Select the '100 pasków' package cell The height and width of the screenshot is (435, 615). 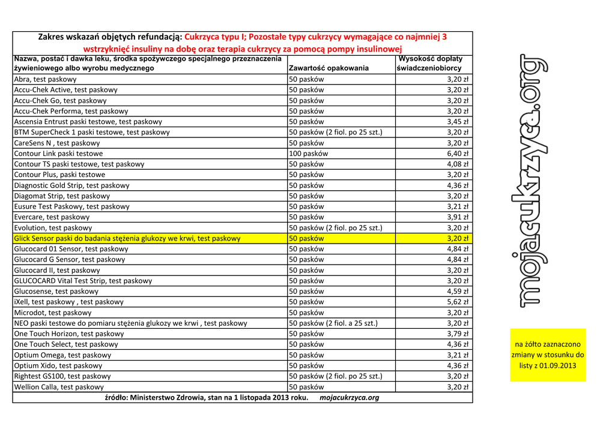(x=309, y=154)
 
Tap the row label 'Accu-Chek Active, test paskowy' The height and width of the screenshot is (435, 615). (x=66, y=90)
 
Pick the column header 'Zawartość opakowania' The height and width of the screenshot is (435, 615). (x=329, y=68)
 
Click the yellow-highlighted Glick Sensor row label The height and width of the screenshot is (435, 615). (x=127, y=239)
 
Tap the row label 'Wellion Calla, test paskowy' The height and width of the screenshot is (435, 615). (x=59, y=388)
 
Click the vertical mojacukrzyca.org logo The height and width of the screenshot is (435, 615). (x=532, y=180)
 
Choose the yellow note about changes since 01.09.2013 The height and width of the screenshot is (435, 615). (x=548, y=355)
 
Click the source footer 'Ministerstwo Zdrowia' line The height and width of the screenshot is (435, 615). (x=207, y=398)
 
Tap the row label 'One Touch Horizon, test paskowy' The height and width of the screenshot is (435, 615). (x=69, y=334)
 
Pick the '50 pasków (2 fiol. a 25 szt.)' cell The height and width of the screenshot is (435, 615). (x=334, y=323)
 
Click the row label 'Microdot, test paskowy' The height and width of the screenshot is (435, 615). (x=53, y=313)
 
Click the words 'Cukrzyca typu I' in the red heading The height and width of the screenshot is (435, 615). (x=215, y=37)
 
